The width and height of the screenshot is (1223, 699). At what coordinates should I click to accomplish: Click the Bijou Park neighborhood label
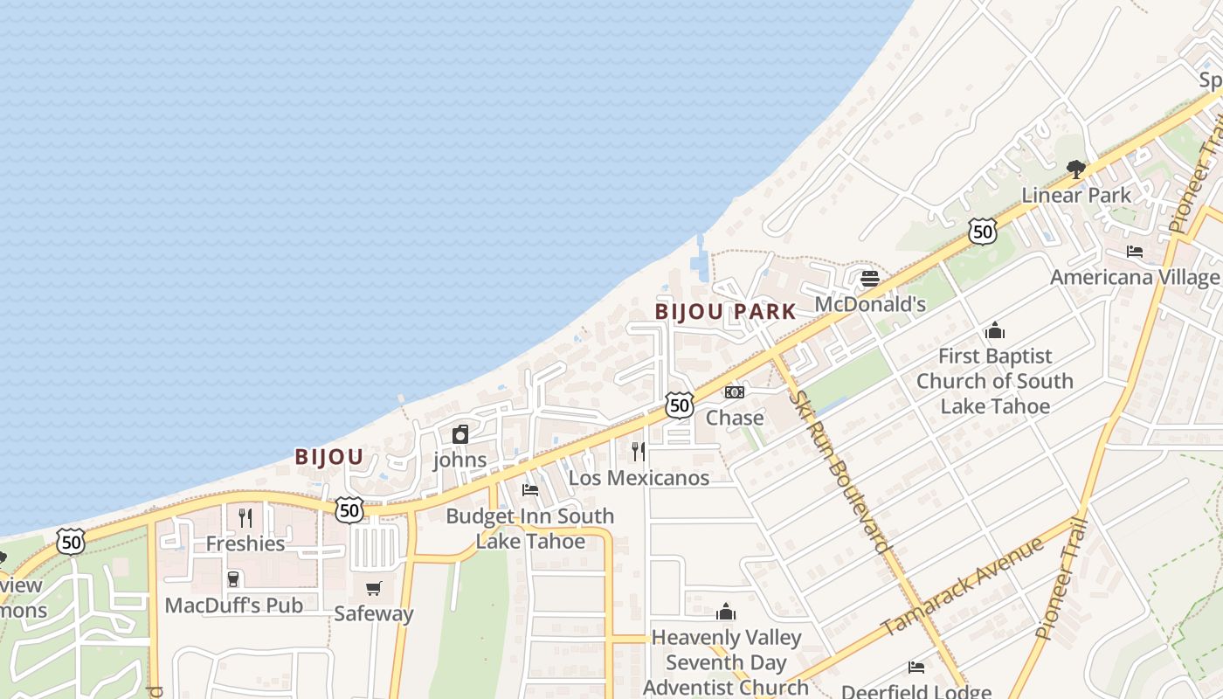click(725, 312)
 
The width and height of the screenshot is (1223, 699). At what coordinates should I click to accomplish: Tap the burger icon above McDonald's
click(869, 279)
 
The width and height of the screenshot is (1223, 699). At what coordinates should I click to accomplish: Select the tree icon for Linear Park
click(1076, 169)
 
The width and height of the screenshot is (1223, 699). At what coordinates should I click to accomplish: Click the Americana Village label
click(1134, 278)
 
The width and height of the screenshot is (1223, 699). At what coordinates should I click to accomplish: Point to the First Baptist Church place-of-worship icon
click(994, 331)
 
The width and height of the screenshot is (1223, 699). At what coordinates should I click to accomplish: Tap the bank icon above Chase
click(735, 392)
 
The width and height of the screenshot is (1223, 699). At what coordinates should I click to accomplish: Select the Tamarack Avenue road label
click(962, 587)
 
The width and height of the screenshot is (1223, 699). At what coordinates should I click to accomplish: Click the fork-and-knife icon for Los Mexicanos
click(639, 452)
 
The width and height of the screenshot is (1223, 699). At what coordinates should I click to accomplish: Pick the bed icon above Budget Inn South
click(530, 490)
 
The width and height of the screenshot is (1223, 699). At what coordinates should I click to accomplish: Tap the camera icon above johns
click(460, 434)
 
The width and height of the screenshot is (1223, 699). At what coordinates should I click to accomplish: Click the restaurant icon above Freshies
click(245, 518)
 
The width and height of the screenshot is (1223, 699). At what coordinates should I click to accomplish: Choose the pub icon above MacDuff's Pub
click(233, 579)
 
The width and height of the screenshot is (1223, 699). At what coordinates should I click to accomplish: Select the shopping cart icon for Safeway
click(374, 588)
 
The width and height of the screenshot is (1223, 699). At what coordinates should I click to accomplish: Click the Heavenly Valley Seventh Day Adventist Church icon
click(726, 612)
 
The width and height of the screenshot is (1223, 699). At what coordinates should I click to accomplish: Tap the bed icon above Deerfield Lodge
click(916, 668)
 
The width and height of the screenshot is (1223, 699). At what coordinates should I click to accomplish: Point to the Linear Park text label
click(1076, 195)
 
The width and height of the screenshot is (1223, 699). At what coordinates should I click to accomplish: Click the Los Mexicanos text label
click(639, 478)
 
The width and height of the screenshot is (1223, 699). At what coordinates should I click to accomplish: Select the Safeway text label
click(374, 613)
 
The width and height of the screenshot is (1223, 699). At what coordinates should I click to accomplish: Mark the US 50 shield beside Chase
click(679, 405)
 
